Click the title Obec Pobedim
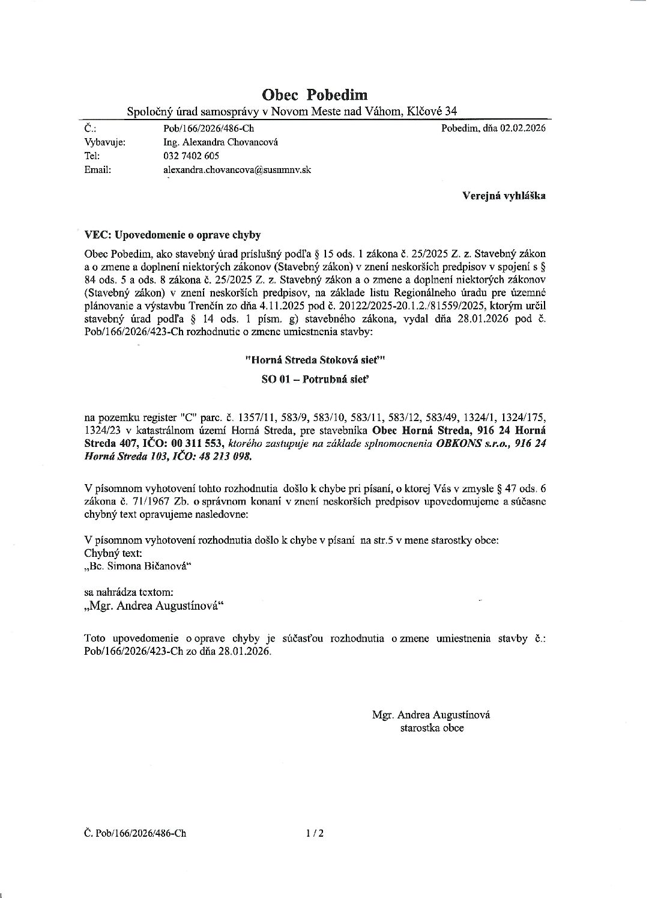(x=315, y=94)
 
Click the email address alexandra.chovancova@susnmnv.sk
(x=237, y=170)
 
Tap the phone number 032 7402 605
(x=191, y=156)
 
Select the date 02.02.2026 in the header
(x=522, y=128)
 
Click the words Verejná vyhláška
(x=504, y=195)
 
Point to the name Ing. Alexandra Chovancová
(x=220, y=142)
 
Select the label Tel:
(x=92, y=156)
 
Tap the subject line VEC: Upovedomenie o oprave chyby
(x=173, y=234)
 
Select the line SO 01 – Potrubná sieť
(x=314, y=379)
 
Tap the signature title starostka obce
(x=432, y=727)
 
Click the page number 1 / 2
(x=315, y=833)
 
